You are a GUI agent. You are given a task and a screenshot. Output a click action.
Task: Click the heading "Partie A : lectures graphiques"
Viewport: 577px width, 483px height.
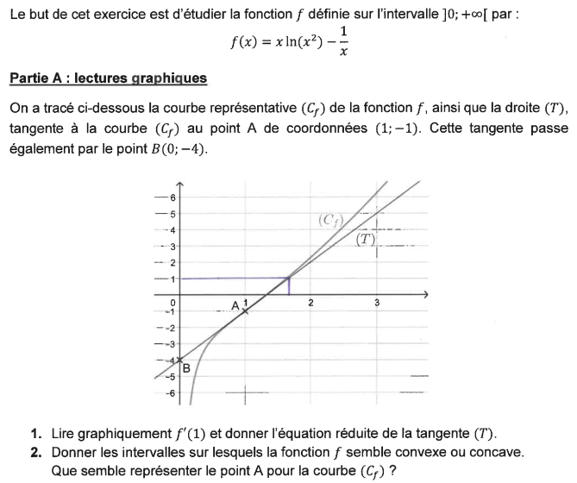pos(108,78)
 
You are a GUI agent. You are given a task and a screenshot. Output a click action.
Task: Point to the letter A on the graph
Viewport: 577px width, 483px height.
pos(235,305)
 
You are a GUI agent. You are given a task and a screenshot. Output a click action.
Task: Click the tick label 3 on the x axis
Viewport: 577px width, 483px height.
pos(376,303)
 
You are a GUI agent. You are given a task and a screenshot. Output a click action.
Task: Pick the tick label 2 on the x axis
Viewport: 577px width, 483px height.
pos(310,303)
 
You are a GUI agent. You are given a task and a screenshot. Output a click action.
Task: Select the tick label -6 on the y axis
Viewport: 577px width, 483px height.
pos(171,393)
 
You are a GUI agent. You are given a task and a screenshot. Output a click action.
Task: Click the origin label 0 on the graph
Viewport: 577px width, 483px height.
pos(172,303)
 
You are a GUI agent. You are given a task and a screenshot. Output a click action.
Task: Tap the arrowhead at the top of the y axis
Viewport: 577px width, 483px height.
pos(179,185)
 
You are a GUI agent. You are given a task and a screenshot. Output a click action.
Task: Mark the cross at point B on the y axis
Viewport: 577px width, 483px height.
pos(179,361)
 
